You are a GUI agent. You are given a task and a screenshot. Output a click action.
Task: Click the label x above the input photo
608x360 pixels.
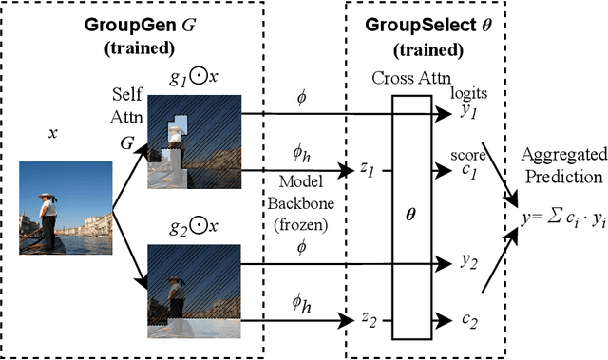tap(53, 133)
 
